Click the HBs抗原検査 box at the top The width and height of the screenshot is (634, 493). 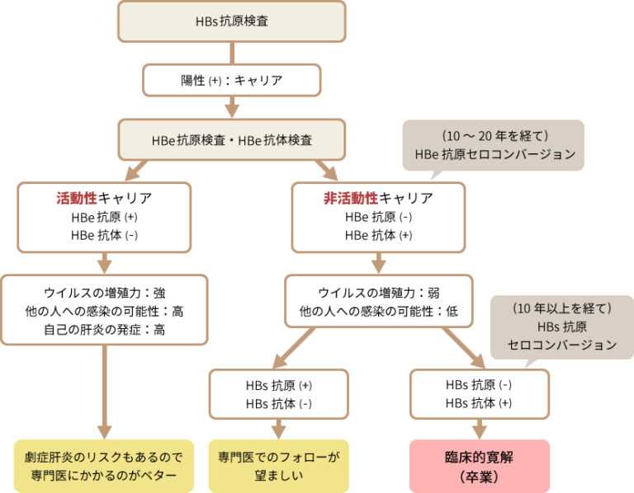[232, 21]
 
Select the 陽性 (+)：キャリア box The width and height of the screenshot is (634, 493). [232, 80]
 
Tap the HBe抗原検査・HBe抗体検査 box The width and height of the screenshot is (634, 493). [232, 139]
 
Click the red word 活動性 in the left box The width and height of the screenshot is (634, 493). [76, 199]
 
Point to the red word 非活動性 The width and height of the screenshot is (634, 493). [350, 199]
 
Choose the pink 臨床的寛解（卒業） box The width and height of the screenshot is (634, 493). [480, 467]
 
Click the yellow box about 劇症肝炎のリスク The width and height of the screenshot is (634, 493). [104, 467]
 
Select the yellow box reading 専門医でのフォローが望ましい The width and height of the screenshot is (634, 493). [278, 467]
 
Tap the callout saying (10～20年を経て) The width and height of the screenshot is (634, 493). [493, 145]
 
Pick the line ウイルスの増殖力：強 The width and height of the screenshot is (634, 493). [104, 293]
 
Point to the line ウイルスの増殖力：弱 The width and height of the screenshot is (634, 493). [379, 293]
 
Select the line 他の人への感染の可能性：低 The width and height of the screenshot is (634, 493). [379, 311]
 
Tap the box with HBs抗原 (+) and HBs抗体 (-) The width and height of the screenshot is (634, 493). [278, 393]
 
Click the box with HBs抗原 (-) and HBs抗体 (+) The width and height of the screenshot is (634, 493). [480, 393]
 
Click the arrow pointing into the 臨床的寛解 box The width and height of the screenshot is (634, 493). [480, 428]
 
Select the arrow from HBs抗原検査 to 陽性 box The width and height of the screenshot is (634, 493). [232, 52]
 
